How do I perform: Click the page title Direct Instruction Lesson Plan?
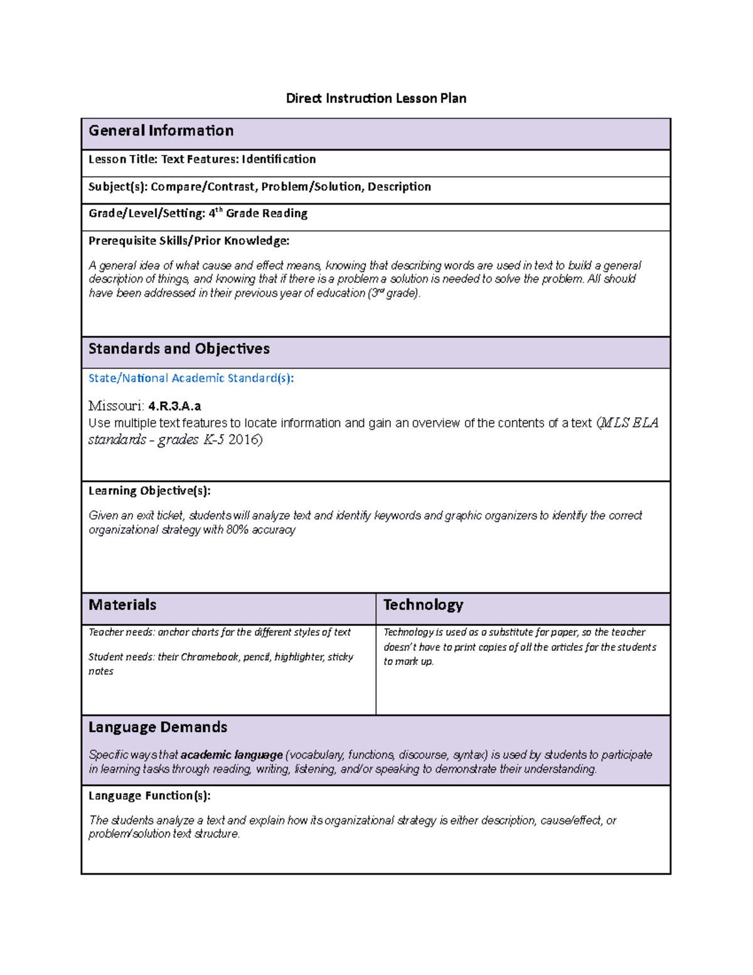point(376,99)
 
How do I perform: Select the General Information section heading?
point(161,131)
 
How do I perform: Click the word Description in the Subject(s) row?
point(399,187)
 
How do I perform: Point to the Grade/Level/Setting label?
point(146,214)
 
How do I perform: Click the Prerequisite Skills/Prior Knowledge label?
point(189,241)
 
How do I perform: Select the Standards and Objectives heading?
point(179,349)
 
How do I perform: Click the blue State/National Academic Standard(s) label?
point(191,379)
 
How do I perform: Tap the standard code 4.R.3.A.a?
point(174,406)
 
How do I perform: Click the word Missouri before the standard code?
point(116,406)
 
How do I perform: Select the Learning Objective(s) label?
point(149,491)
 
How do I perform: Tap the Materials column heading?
point(122,605)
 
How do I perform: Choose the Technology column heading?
point(423,605)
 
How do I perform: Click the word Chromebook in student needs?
point(210,657)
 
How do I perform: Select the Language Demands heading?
point(158,728)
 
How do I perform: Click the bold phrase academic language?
point(232,755)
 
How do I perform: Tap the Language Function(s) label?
point(149,796)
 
